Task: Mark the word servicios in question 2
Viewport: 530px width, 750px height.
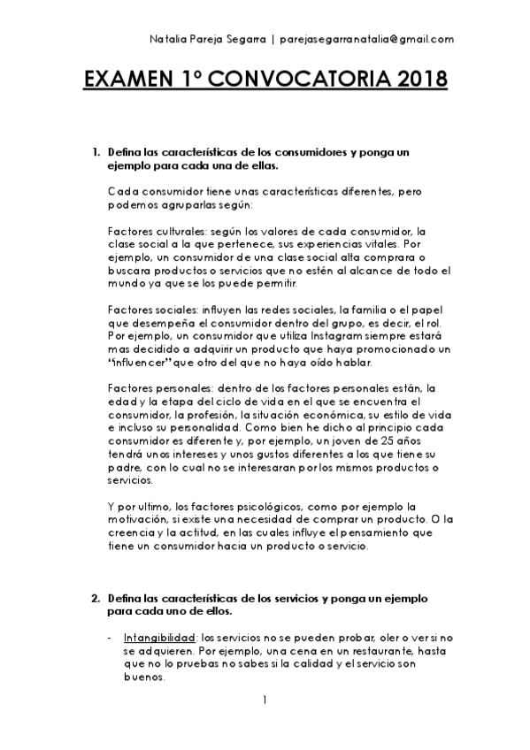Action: point(291,599)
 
